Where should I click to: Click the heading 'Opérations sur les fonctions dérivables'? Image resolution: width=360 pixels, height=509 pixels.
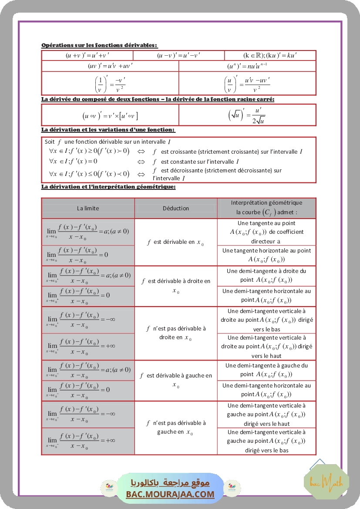(99, 45)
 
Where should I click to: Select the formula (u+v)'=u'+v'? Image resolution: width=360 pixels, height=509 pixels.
(87, 56)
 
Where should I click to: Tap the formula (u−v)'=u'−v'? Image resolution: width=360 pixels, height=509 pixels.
(178, 56)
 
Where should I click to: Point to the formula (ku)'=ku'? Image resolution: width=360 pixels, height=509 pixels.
(270, 56)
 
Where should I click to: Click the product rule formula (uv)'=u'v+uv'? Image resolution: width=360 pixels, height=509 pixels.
(110, 66)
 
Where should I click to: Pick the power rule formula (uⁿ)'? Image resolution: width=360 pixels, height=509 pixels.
(247, 66)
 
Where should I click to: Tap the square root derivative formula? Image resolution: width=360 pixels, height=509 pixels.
(247, 115)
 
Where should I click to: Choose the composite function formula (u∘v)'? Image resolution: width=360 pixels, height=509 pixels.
(110, 115)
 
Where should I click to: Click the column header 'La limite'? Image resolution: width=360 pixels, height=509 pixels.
(88, 208)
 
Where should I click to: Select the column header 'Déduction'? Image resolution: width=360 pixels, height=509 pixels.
(176, 208)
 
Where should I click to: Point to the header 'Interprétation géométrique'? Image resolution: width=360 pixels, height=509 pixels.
(266, 202)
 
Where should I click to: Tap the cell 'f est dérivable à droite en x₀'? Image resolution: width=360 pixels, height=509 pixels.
(176, 285)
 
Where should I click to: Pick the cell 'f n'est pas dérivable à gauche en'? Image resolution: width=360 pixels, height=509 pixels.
(176, 427)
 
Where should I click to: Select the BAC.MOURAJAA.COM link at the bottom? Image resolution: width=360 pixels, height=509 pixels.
(170, 494)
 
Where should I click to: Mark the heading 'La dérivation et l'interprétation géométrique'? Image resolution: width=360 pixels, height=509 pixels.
(108, 187)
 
